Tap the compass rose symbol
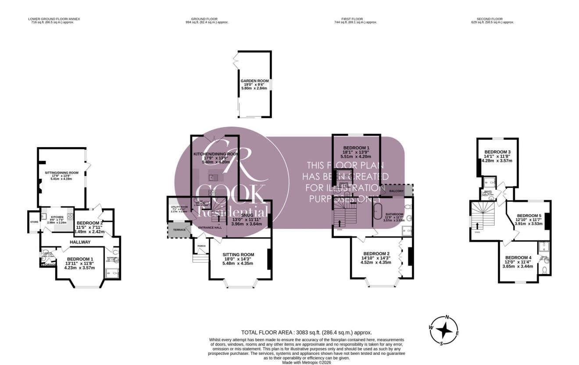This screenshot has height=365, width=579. point(445,330)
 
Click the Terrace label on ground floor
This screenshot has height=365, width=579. point(175,230)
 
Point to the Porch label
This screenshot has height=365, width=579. point(201,246)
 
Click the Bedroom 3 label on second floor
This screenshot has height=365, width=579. point(497,152)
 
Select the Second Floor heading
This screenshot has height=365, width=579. point(489,19)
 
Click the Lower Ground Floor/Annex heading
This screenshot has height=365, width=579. point(54,19)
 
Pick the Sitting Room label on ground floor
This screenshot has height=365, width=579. point(238,254)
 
